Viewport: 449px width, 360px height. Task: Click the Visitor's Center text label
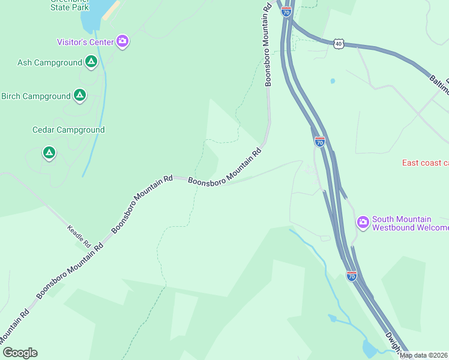85,42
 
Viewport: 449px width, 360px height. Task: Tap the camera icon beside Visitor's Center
122,41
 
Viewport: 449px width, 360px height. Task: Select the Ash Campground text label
50,62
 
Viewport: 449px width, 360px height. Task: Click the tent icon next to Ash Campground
91,62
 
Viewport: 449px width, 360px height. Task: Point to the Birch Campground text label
36,96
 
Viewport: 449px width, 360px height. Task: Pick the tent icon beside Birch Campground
79,95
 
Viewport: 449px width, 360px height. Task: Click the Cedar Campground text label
68,130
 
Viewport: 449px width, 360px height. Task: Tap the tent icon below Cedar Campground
49,154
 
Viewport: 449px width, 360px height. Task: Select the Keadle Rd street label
79,236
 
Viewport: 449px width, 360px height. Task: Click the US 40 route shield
340,43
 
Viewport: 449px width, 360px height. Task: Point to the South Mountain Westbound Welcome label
410,223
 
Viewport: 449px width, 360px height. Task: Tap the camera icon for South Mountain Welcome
363,223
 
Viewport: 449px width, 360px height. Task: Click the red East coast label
425,163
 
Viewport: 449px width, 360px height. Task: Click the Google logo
20,353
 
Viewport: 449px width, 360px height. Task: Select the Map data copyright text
424,355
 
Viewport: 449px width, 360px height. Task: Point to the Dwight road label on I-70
394,343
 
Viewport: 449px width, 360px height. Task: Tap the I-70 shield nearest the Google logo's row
352,275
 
